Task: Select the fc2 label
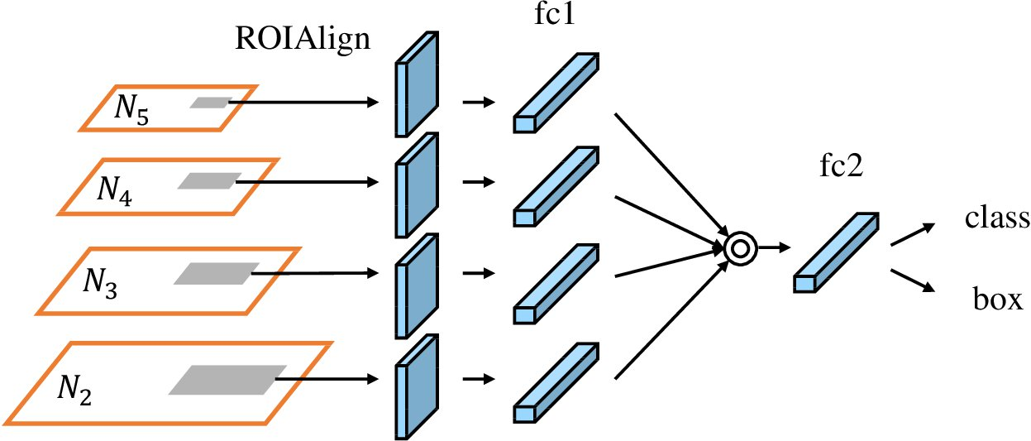pos(837,168)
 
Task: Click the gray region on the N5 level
pos(209,103)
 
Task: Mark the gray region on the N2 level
pos(227,379)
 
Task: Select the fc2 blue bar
pos(836,252)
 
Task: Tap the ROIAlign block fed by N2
pos(418,385)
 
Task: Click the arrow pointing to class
pos(913,233)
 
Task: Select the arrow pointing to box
pos(913,279)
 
